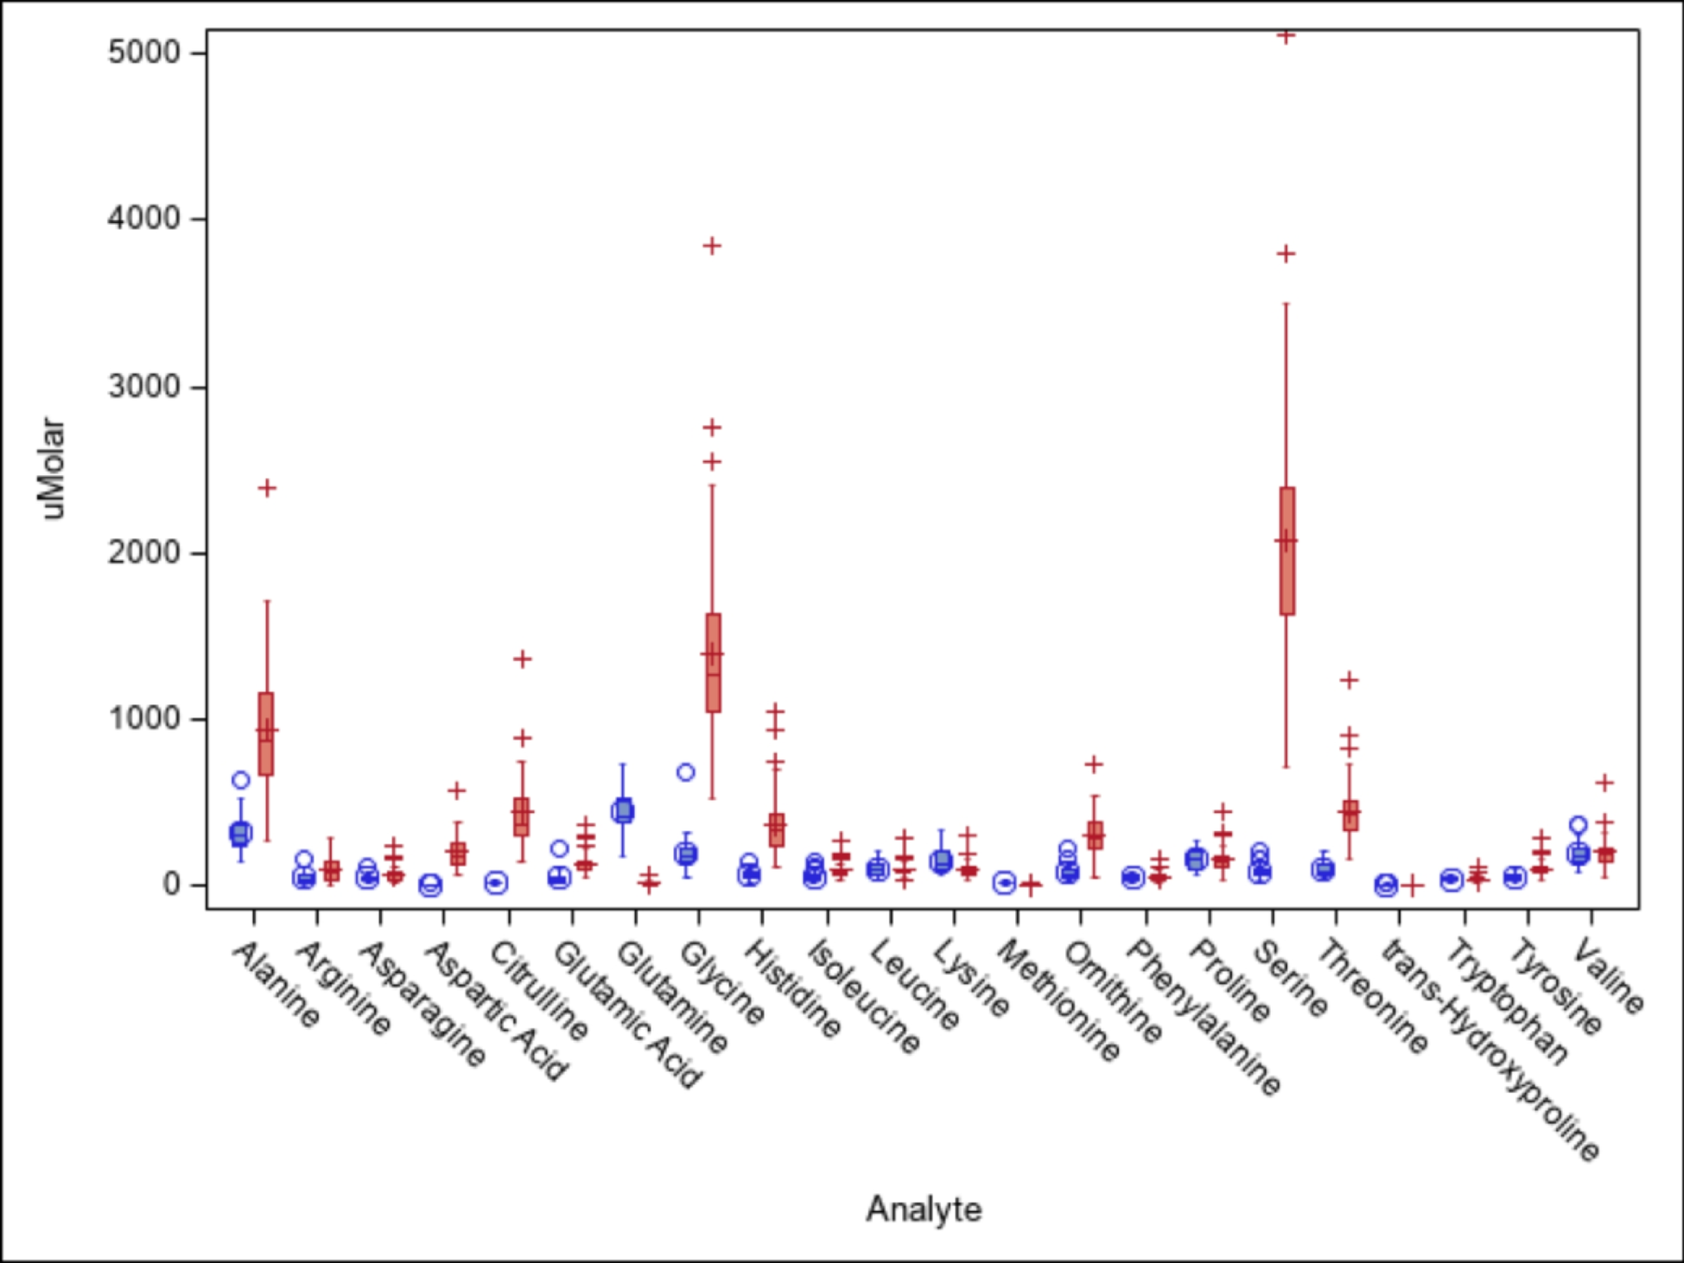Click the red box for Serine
click(x=1287, y=551)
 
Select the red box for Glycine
click(x=713, y=663)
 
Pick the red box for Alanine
click(x=266, y=733)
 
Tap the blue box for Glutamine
click(x=622, y=810)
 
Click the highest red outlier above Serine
click(x=1287, y=36)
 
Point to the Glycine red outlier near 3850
click(x=712, y=246)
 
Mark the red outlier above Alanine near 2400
click(x=267, y=489)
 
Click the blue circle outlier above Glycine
click(x=685, y=772)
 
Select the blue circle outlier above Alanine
click(x=241, y=780)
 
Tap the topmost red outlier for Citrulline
click(x=522, y=659)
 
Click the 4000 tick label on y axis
click(x=143, y=219)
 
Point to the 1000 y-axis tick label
click(x=143, y=718)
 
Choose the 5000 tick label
click(x=143, y=53)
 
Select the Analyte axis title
click(x=923, y=1209)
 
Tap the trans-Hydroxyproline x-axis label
click(x=1490, y=1050)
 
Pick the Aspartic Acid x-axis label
click(x=496, y=1011)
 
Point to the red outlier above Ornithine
click(x=1094, y=765)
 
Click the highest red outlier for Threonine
click(x=1350, y=681)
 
